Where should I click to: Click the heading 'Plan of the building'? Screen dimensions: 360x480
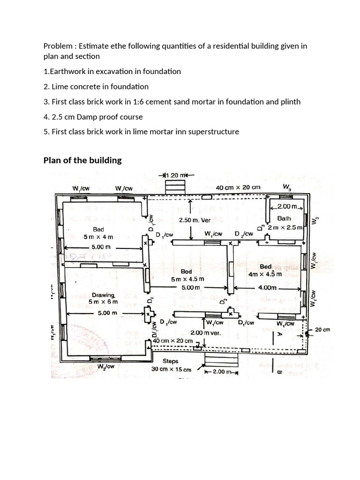[82, 160]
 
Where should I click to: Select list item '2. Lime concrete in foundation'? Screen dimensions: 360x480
[96, 86]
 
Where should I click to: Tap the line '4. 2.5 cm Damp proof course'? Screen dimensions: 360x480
[93, 117]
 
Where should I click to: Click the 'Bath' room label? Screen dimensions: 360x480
[284, 218]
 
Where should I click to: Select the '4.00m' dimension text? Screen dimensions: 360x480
[268, 288]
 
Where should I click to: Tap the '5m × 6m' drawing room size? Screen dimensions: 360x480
[104, 302]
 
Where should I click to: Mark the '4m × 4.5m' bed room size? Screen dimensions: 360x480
[265, 274]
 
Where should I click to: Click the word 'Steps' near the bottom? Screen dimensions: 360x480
[170, 361]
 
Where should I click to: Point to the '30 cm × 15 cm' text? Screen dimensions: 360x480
[172, 369]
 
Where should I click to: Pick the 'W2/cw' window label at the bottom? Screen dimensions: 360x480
[105, 366]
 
